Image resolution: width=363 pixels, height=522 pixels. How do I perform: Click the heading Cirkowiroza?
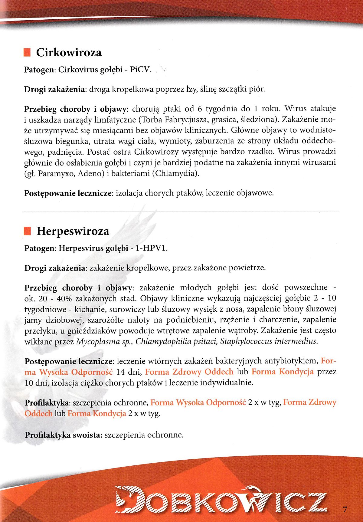[x=69, y=53]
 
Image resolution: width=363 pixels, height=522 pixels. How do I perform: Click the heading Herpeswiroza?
[x=73, y=231]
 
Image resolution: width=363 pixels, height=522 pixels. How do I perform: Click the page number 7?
[x=345, y=508]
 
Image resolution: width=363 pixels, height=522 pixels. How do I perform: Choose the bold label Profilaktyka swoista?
[x=63, y=435]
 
